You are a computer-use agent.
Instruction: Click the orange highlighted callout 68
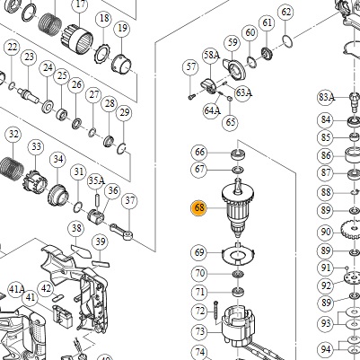pyautogui.click(x=199, y=207)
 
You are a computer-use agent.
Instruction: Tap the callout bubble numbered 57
pyautogui.click(x=190, y=67)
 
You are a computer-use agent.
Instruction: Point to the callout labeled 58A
pyautogui.click(x=211, y=56)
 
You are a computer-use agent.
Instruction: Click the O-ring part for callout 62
pyautogui.click(x=287, y=40)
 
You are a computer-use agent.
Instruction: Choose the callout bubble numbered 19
pyautogui.click(x=122, y=29)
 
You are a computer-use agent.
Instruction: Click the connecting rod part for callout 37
pyautogui.click(x=121, y=232)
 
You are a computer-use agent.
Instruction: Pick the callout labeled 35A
pyautogui.click(x=96, y=180)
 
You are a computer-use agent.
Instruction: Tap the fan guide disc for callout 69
pyautogui.click(x=238, y=253)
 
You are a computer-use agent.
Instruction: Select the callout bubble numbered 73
pyautogui.click(x=199, y=331)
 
